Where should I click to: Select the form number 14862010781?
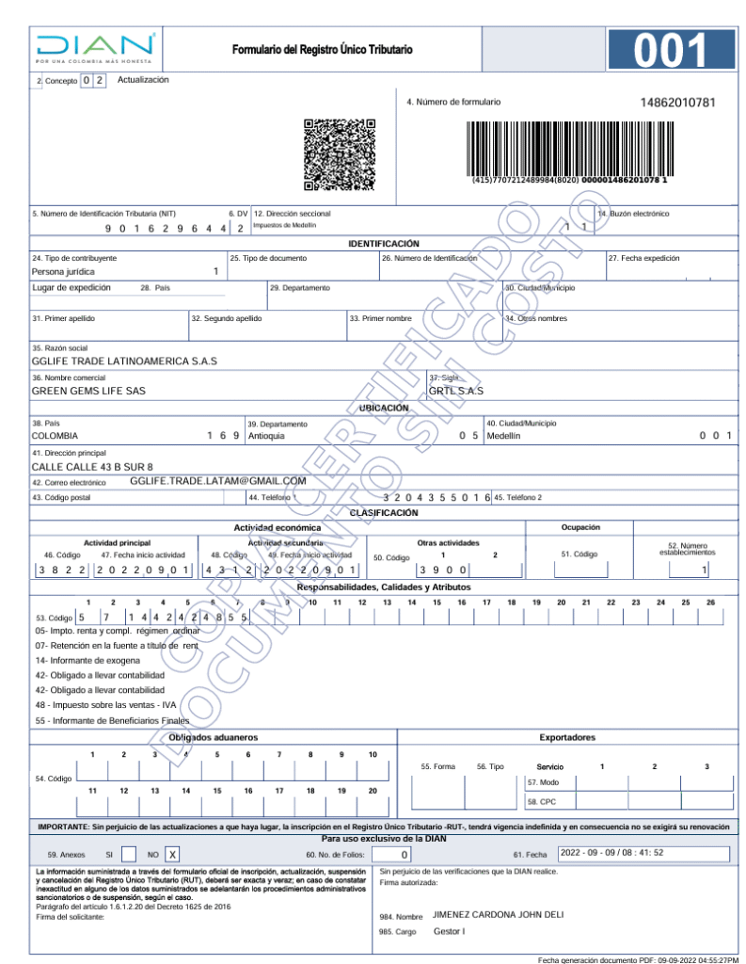[x=677, y=102]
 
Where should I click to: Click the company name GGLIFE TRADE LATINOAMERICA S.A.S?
[x=124, y=361]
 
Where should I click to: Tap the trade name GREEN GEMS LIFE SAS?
[x=88, y=390]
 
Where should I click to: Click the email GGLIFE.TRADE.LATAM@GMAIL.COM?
[x=218, y=480]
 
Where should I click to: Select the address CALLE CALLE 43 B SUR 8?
[x=92, y=466]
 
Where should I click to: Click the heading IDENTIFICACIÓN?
[x=384, y=244]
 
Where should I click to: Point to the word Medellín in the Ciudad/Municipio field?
[x=501, y=436]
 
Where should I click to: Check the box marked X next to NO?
[x=172, y=855]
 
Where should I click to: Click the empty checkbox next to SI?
[x=129, y=855]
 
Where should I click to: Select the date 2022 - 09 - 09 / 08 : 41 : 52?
[x=612, y=853]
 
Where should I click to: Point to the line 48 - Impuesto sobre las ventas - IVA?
[x=105, y=704]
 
